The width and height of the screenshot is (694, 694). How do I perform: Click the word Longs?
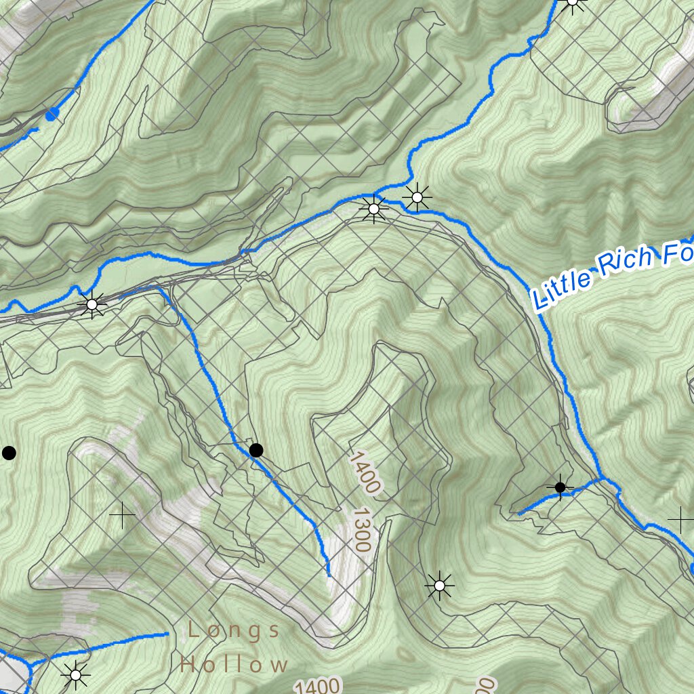click(x=234, y=631)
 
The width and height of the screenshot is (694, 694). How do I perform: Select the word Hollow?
click(x=234, y=664)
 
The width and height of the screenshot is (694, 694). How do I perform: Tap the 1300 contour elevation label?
click(x=361, y=531)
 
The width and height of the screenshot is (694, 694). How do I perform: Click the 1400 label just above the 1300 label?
click(x=365, y=472)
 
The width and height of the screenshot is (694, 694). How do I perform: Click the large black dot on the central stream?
click(x=256, y=450)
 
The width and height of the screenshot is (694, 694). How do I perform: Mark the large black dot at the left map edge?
click(x=9, y=453)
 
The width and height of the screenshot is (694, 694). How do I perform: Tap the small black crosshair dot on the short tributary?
click(x=560, y=487)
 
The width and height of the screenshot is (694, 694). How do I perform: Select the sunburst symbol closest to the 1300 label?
click(x=439, y=585)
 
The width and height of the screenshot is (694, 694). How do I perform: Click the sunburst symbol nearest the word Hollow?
click(x=75, y=675)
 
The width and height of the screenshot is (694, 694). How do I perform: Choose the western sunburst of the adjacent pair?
click(x=373, y=209)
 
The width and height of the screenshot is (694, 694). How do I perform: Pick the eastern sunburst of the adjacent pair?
click(x=417, y=197)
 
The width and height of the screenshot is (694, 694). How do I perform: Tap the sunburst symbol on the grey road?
click(x=92, y=305)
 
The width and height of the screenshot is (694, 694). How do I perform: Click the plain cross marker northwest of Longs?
click(x=122, y=516)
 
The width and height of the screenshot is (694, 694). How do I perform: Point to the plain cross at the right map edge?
click(x=680, y=520)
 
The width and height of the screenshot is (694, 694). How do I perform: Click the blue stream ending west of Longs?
click(x=165, y=634)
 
